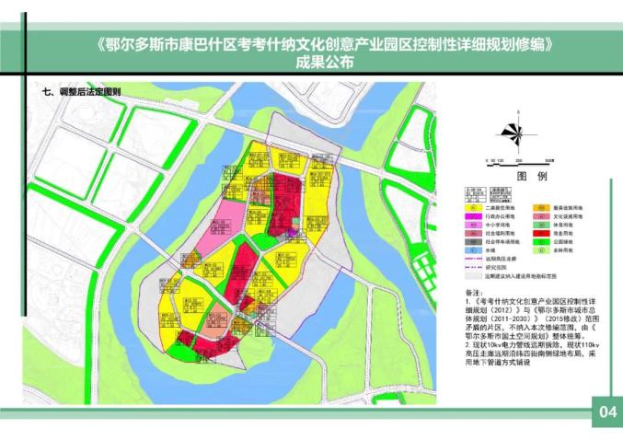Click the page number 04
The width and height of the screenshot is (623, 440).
coord(607,411)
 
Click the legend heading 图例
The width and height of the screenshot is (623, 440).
coord(532,175)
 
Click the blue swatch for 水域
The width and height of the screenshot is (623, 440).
coord(471,249)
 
